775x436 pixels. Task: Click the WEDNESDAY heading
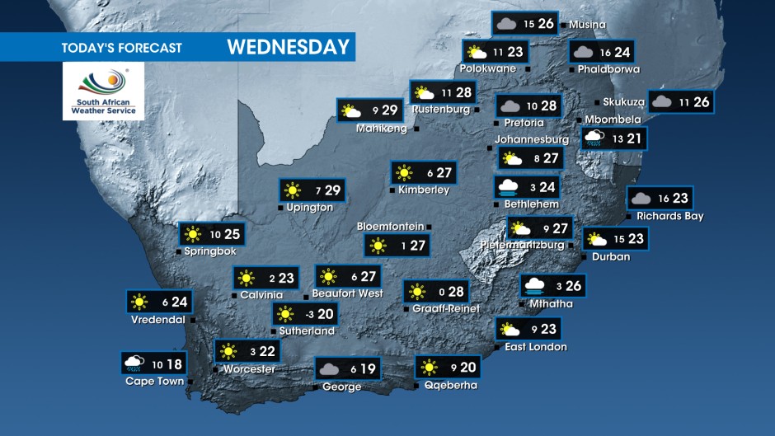[289, 47]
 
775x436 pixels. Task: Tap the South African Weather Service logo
[103, 91]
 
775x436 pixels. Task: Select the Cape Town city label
[153, 381]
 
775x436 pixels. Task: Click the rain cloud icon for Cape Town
[134, 363]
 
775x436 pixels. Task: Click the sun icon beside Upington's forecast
[292, 191]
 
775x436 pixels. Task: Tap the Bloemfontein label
[390, 226]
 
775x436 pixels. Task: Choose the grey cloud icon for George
[329, 369]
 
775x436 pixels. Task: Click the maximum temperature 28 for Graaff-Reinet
[456, 291]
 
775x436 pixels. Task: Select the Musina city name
[587, 25]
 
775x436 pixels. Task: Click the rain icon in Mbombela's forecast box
[593, 138]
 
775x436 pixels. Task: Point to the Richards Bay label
[669, 216]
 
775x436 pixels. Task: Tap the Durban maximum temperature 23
[636, 240]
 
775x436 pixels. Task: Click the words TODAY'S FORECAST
[121, 48]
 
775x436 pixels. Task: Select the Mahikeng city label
[382, 129]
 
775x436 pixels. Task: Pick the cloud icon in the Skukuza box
[662, 102]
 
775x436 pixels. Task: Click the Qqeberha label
[450, 385]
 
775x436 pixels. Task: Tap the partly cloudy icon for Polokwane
[474, 52]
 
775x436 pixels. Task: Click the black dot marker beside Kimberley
[392, 190]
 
